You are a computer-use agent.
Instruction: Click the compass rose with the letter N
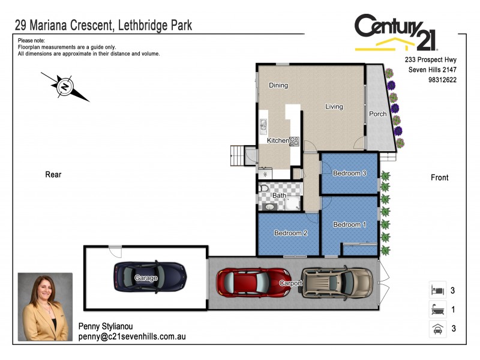click(65, 86)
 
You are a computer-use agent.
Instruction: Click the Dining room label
click(278, 85)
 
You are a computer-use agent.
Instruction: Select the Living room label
click(334, 107)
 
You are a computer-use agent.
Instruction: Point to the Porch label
click(377, 114)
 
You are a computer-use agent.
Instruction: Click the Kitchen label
click(278, 140)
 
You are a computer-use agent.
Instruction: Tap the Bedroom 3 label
click(350, 173)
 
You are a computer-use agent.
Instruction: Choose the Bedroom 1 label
click(350, 224)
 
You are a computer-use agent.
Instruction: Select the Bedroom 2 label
click(291, 233)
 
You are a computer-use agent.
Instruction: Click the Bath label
click(279, 196)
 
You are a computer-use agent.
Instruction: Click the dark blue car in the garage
click(149, 277)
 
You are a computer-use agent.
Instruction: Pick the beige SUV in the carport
click(337, 282)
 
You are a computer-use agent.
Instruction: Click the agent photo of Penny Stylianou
click(45, 308)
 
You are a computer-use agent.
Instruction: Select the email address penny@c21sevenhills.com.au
click(132, 337)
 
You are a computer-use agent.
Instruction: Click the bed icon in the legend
click(437, 290)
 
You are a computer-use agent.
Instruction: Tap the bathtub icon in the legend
click(437, 310)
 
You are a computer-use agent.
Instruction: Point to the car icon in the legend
click(437, 329)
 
